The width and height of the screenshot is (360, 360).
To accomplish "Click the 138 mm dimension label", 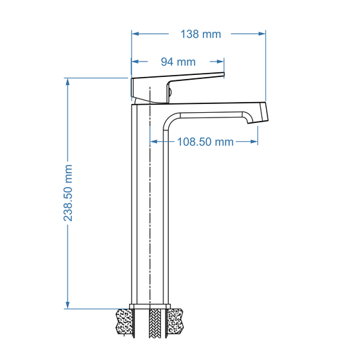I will pos(201,34).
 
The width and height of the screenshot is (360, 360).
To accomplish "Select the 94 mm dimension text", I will pos(177,61).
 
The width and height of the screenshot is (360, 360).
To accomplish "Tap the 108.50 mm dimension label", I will pos(205,142).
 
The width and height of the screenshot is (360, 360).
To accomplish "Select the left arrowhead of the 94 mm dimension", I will pos(135,61).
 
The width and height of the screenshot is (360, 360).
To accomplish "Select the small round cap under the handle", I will pos(170,92).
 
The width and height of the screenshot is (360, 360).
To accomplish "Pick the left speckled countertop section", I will pos(124,322).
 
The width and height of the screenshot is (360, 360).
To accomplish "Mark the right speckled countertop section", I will pos(178,322).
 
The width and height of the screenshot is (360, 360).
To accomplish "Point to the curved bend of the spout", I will pos(169,120).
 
